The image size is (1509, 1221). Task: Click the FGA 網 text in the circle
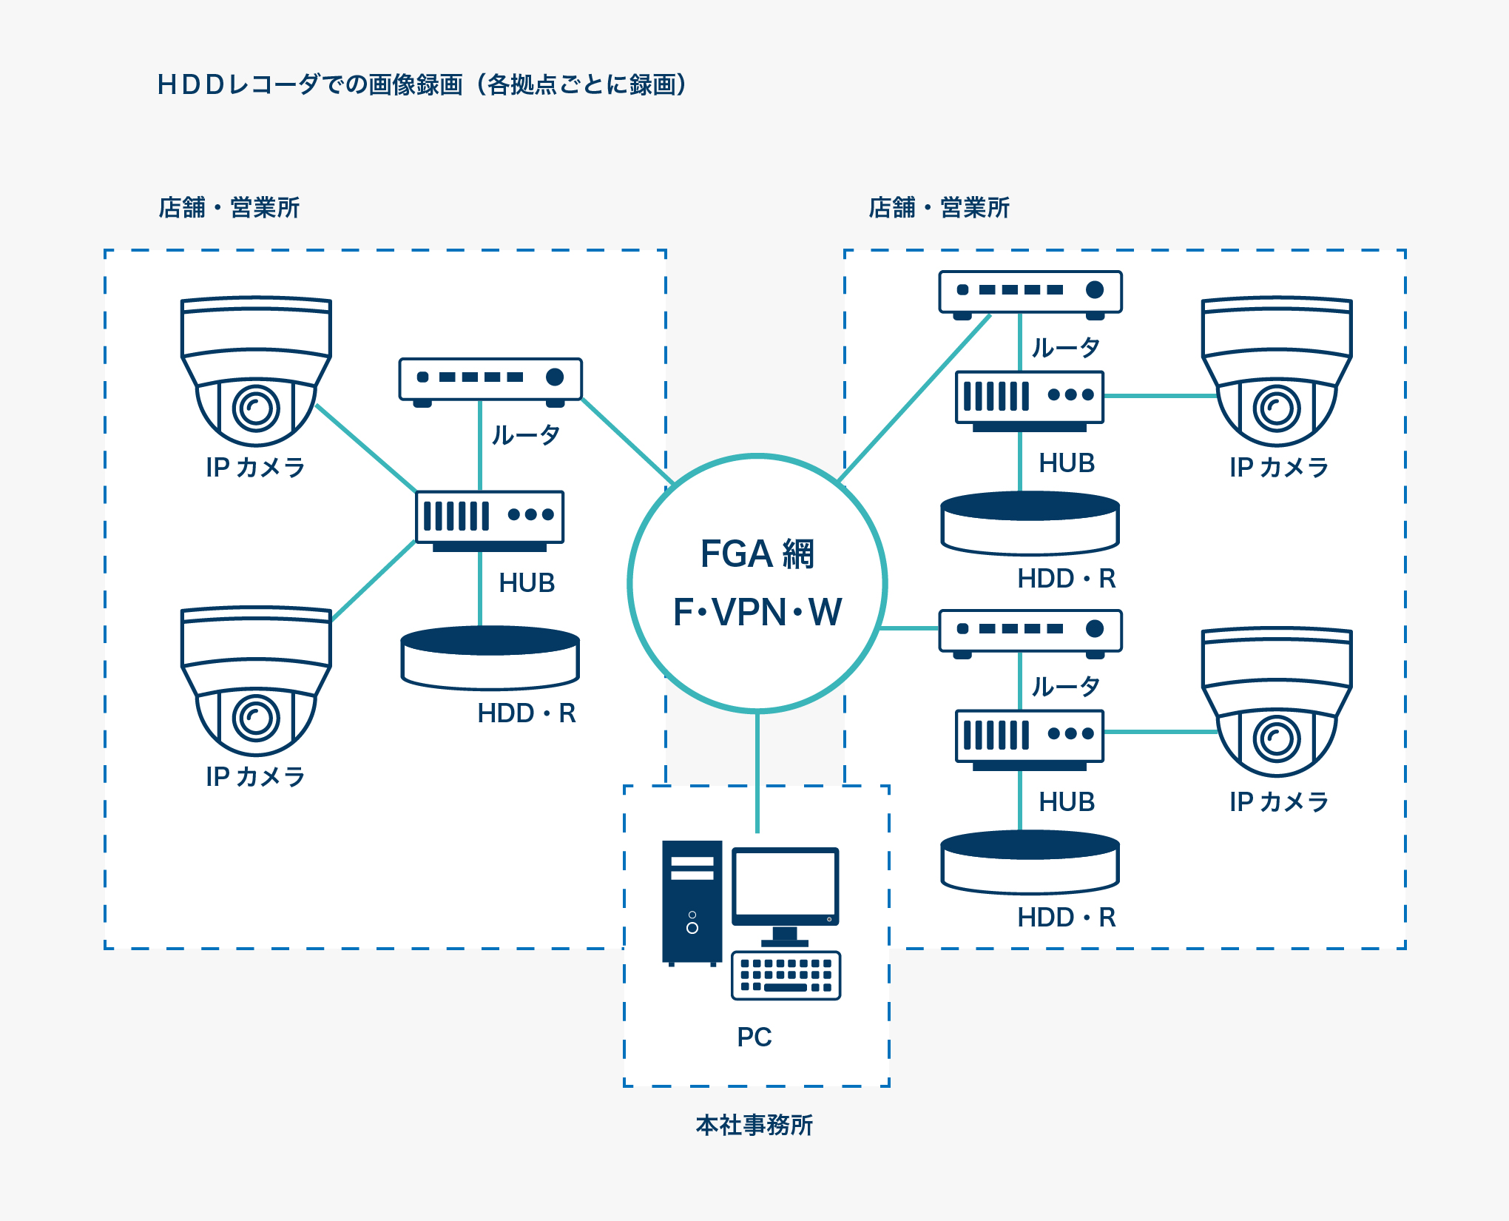tap(757, 554)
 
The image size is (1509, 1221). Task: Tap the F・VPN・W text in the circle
tap(757, 613)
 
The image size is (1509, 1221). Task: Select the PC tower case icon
tap(692, 902)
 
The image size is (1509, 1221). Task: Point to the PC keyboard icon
tap(786, 975)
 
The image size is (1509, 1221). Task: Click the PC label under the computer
tap(754, 1037)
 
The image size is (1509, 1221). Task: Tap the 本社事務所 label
tap(754, 1125)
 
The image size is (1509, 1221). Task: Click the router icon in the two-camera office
tap(490, 380)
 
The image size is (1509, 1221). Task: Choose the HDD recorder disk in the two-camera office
tap(490, 658)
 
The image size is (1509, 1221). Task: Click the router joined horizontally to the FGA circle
tap(1030, 631)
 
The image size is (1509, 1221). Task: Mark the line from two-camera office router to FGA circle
tap(626, 441)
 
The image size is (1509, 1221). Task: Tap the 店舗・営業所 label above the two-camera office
tap(229, 208)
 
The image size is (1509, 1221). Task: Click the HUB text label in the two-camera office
tap(527, 583)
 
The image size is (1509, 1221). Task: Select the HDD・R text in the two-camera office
tap(527, 713)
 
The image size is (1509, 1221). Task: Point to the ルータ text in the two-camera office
tap(526, 434)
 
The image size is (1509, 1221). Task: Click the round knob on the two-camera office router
tap(555, 377)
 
